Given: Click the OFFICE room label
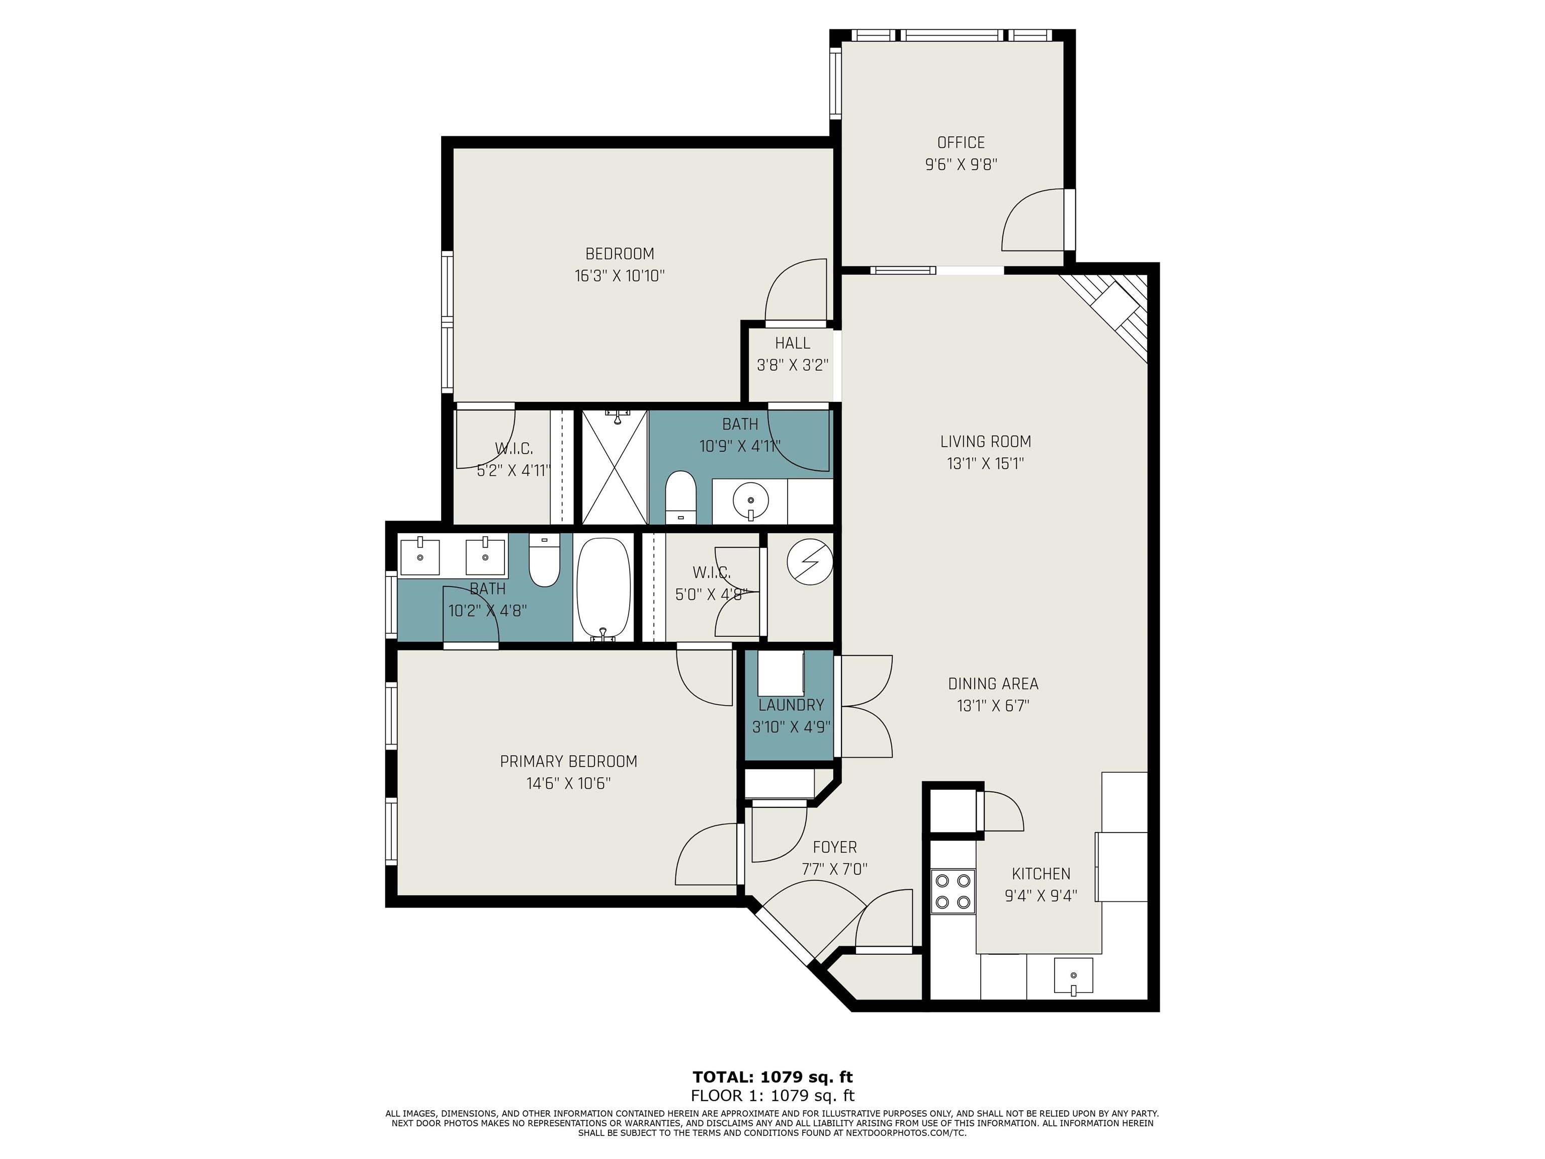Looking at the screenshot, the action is [961, 142].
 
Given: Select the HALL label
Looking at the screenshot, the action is [792, 343].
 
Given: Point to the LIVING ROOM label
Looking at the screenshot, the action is [986, 442].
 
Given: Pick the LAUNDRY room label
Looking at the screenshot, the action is [791, 705].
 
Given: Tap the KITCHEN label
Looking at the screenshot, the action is [1041, 873].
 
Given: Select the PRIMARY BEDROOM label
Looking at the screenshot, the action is [568, 762].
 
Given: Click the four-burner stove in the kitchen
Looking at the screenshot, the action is [953, 891].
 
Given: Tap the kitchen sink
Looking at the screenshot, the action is [1074, 976].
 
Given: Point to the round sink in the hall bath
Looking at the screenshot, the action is [751, 501].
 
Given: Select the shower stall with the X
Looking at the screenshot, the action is [615, 467].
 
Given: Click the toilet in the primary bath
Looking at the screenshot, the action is [544, 560].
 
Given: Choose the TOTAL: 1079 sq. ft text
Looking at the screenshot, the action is [772, 1077].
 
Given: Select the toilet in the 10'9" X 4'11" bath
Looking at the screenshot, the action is [681, 498].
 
